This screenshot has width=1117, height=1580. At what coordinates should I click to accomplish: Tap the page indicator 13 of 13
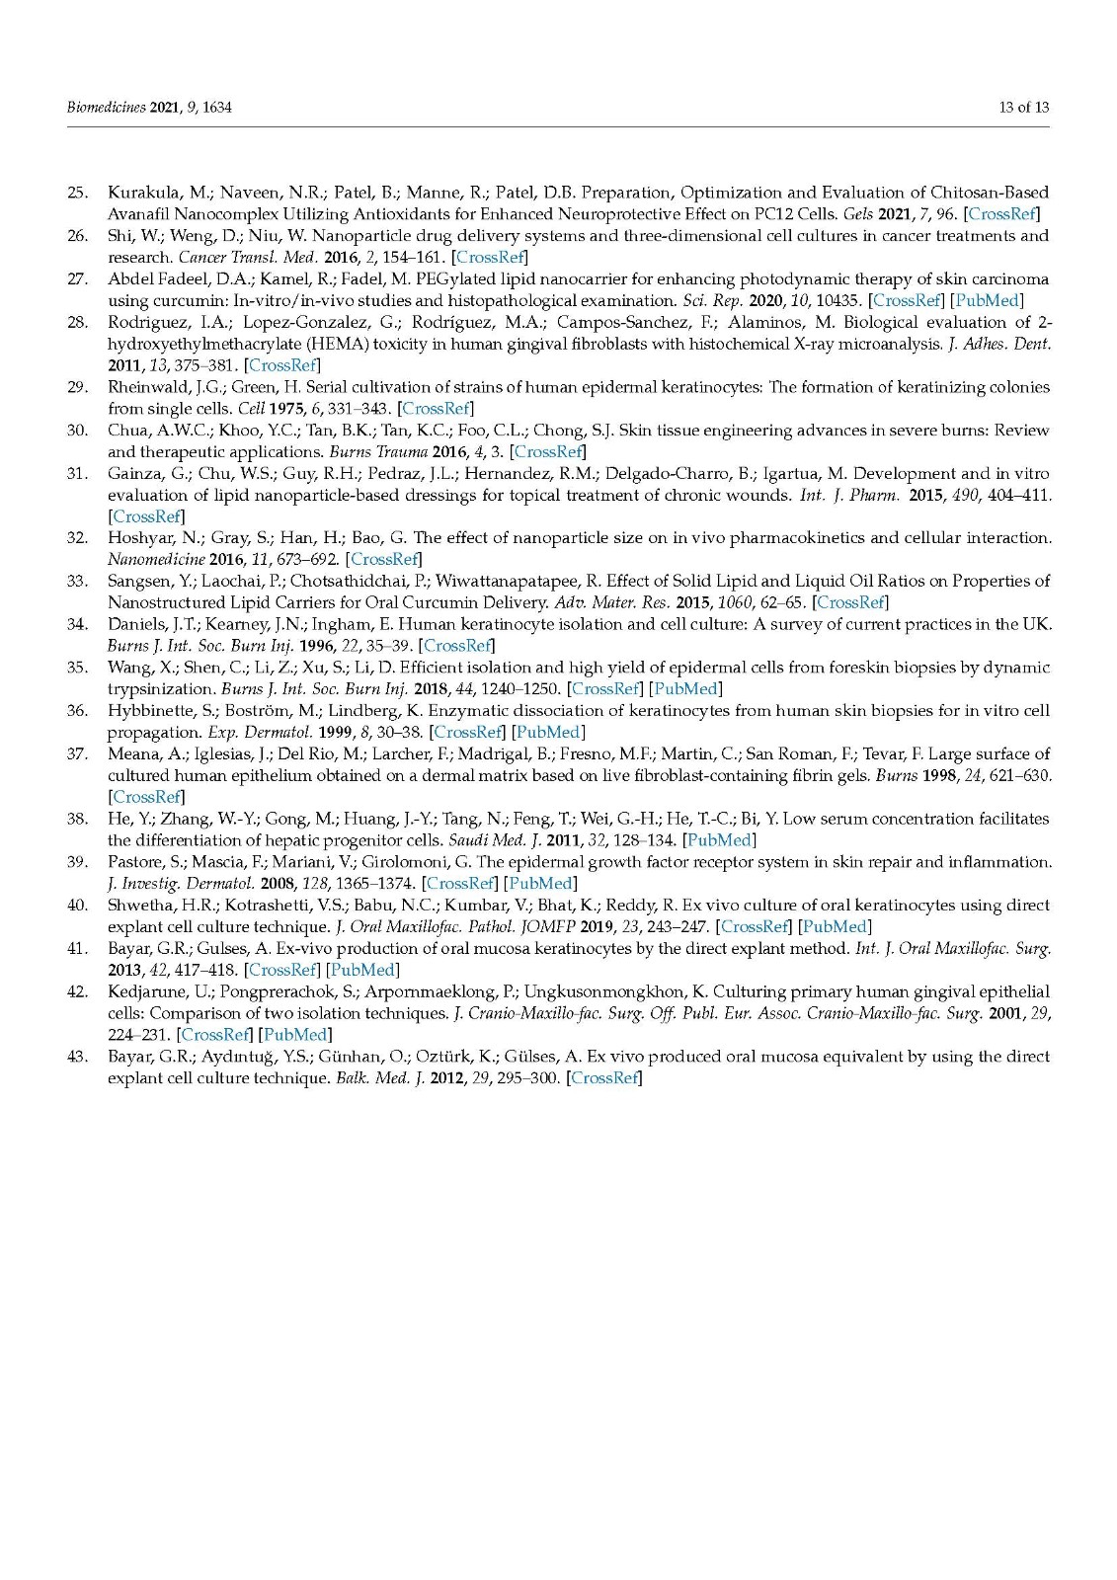(1023, 107)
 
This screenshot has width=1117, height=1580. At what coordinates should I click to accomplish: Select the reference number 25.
(77, 193)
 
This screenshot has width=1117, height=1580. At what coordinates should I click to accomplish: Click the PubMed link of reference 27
(987, 300)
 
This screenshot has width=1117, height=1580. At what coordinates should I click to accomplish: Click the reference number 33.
(77, 581)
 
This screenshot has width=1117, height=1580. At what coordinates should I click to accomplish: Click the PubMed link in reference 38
(719, 840)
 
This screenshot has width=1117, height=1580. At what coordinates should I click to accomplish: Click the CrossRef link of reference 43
(604, 1077)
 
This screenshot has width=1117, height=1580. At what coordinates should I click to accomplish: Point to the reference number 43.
(77, 1057)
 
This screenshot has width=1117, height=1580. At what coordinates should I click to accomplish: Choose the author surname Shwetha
(139, 905)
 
